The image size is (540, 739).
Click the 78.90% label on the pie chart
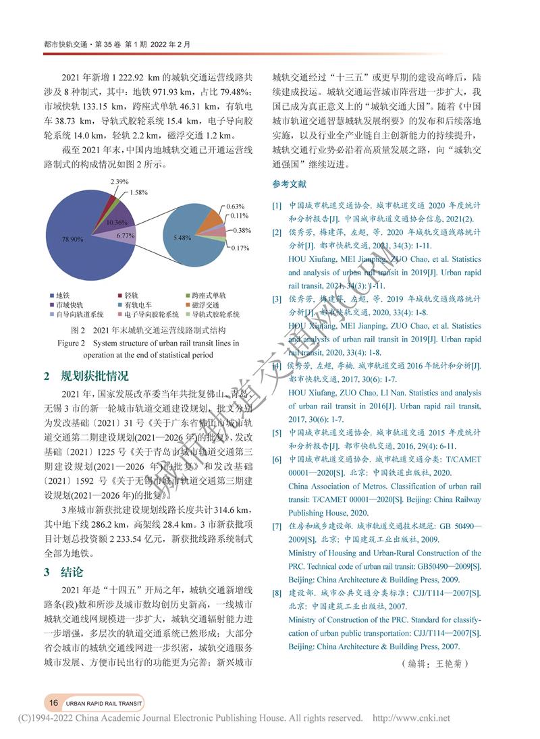pos(73,239)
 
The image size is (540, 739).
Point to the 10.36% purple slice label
pos(117,223)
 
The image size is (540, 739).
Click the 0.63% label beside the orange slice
pos(235,206)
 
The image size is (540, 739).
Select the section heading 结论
pos(72,572)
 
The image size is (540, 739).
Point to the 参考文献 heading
pos(289,184)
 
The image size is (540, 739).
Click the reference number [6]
pos(276,460)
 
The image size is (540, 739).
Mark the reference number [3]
pos(276,298)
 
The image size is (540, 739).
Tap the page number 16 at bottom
pos(53,703)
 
